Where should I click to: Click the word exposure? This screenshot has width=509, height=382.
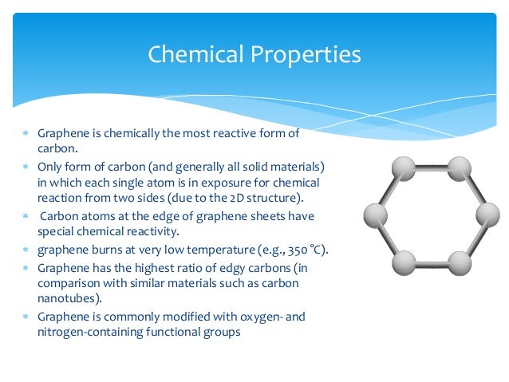pyautogui.click(x=239, y=181)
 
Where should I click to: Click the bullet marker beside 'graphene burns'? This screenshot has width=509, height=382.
pyautogui.click(x=26, y=250)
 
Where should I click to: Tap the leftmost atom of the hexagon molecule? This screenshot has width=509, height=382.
pyautogui.click(x=375, y=215)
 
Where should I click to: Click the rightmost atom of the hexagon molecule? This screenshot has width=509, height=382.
pyautogui.click(x=487, y=215)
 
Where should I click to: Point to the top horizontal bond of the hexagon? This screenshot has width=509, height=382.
pyautogui.click(x=431, y=167)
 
